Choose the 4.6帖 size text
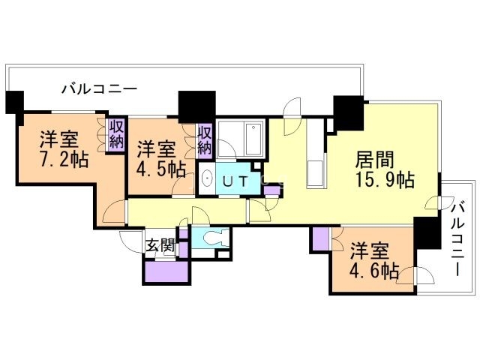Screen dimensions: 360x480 (373, 271)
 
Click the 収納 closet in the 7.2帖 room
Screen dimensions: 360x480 (115, 136)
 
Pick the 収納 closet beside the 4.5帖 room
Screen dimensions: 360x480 (205, 140)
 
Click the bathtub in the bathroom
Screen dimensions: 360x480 (241, 139)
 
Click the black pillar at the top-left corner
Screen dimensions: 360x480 (14, 102)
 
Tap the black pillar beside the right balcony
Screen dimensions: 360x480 (427, 233)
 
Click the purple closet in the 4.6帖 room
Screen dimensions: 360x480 (321, 240)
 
